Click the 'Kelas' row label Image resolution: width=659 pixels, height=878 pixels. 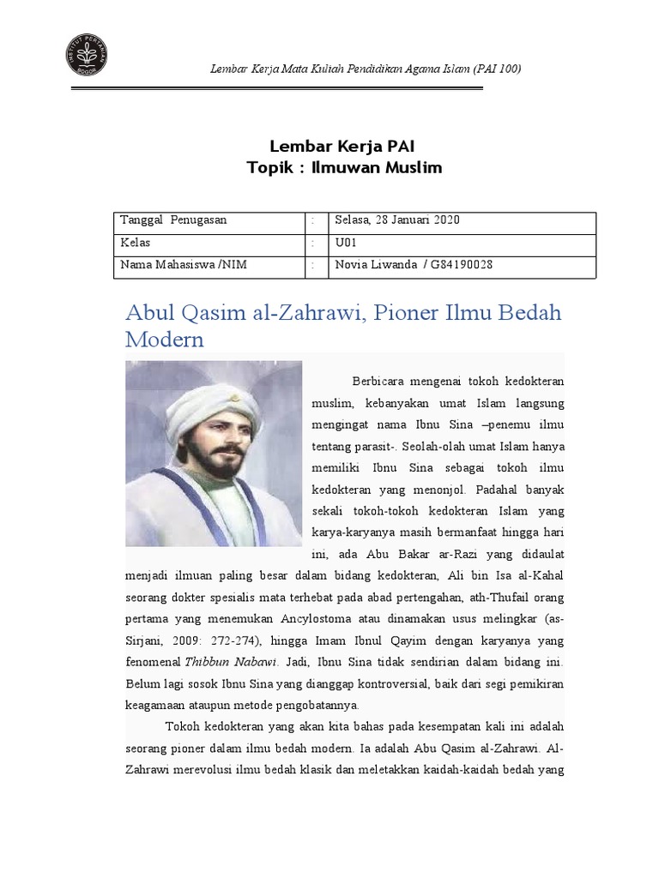pyautogui.click(x=136, y=243)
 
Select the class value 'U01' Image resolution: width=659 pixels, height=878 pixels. pyautogui.click(x=345, y=243)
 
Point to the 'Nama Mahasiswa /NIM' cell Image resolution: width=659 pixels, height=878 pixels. pyautogui.click(x=184, y=265)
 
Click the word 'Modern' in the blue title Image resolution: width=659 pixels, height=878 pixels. pyautogui.click(x=165, y=339)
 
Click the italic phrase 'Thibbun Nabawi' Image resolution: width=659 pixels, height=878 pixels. pyautogui.click(x=227, y=663)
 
